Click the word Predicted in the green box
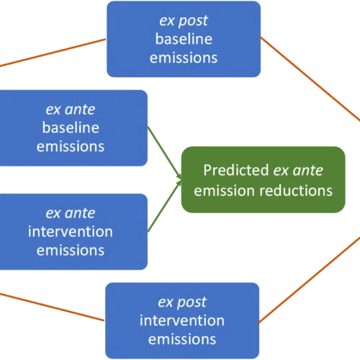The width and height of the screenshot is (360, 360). coord(236,170)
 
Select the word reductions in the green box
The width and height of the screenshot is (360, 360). coord(296,191)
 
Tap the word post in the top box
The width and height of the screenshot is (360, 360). coord(193,21)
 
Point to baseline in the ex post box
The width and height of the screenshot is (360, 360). coord(184,39)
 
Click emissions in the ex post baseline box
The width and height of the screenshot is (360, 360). coord(184,58)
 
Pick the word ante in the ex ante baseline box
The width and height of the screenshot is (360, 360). coord(80,109)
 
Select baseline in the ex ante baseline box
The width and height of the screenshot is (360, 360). coord(71,127)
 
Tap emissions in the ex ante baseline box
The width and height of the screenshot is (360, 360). coord(71,146)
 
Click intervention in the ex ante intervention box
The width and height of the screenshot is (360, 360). coord(71,232)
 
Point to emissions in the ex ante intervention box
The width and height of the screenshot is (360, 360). coord(71,251)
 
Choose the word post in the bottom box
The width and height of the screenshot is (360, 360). coord(192,302)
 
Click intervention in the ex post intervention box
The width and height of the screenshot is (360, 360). coord(182,320)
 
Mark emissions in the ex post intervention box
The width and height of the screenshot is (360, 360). coord(182,339)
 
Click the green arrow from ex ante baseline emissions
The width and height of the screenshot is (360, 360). coord(164,153)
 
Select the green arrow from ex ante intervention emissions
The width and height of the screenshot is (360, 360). coord(164,206)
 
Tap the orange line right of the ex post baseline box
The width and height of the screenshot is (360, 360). coord(310,78)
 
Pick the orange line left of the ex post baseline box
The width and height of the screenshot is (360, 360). coord(53,53)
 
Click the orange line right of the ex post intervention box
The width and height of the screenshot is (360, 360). coord(309,280)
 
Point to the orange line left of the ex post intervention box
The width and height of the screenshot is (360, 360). coord(53,307)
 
